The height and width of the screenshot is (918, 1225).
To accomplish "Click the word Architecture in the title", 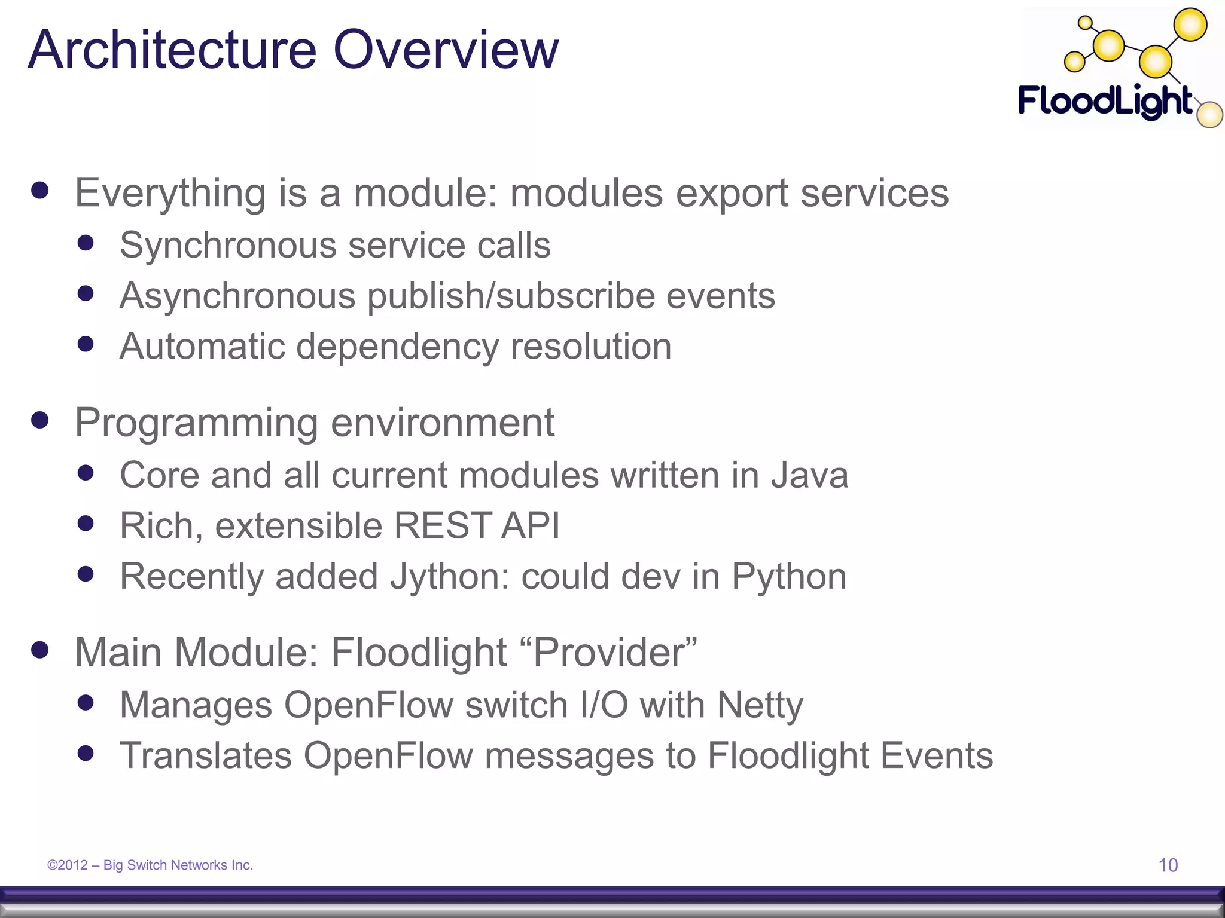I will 172,50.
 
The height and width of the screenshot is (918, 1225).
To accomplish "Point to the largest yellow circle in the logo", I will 1190,26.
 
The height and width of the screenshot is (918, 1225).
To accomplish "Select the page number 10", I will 1168,865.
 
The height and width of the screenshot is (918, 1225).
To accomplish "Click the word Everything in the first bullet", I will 170,194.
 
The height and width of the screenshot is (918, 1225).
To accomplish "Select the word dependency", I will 397,347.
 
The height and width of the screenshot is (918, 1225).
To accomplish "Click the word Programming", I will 196,423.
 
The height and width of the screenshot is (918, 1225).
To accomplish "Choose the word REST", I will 442,526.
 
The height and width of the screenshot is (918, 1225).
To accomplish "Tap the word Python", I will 789,577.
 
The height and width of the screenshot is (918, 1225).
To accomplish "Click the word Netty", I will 760,705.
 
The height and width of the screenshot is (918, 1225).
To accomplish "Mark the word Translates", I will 206,755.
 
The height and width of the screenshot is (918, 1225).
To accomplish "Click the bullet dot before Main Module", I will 40,650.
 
